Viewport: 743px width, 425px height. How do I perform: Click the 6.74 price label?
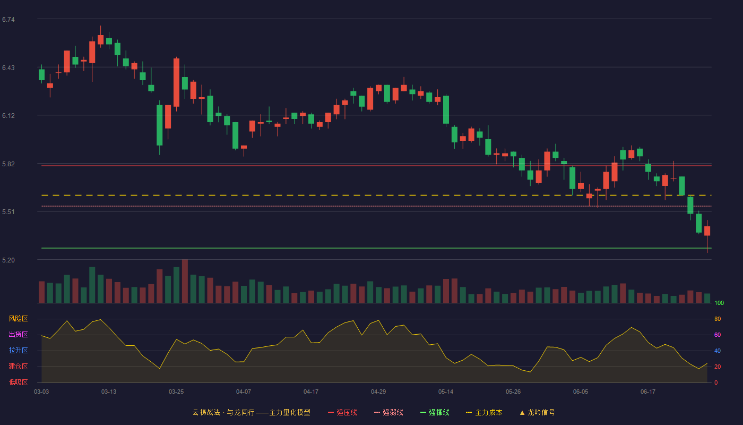click(8, 20)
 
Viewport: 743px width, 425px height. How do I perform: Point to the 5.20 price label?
click(8, 260)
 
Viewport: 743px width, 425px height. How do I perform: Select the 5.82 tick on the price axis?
click(8, 164)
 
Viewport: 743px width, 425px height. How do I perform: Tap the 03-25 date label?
click(176, 392)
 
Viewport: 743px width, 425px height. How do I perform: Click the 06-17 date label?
click(648, 392)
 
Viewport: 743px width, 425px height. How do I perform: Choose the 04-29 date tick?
click(378, 392)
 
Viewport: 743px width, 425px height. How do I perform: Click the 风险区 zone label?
click(18, 319)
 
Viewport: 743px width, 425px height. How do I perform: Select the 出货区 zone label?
click(18, 334)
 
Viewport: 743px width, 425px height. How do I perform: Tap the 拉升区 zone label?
click(18, 350)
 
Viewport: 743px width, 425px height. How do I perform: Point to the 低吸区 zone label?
click(18, 382)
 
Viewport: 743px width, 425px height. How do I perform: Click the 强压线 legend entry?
click(342, 412)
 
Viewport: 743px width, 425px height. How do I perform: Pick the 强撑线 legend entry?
click(435, 412)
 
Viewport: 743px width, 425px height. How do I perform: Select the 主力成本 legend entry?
click(484, 412)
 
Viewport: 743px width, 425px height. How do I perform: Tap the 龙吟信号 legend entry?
click(537, 412)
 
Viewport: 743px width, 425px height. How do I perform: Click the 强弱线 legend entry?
click(388, 412)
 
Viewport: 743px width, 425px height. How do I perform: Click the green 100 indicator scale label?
click(719, 303)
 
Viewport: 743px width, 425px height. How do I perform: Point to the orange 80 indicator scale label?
click(718, 319)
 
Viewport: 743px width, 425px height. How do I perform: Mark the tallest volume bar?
click(185, 281)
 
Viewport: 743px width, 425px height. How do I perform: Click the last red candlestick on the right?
click(707, 231)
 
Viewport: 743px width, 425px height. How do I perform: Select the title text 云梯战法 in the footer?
click(206, 412)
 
